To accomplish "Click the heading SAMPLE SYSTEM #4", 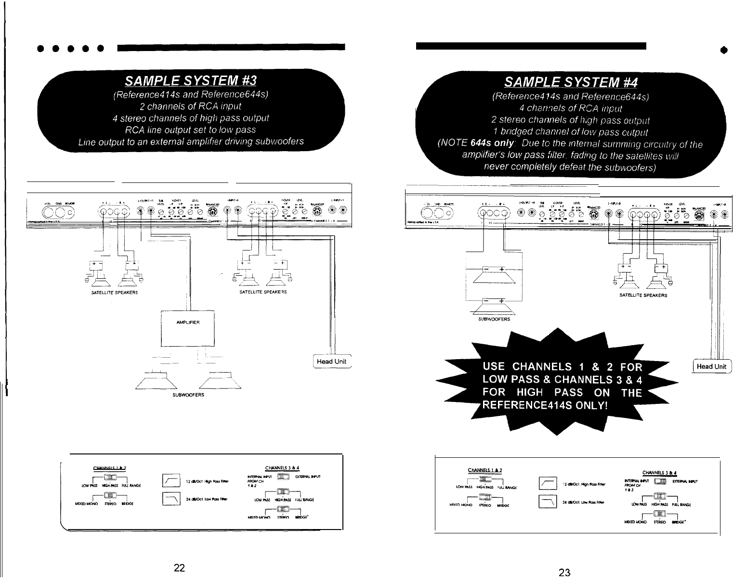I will point(570,82).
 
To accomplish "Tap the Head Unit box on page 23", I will point(711,366).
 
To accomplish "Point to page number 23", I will point(564,572).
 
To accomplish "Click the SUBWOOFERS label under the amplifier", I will point(188,395).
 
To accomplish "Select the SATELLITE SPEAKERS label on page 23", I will point(643,295).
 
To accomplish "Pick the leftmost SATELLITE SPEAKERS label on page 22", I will point(114,292).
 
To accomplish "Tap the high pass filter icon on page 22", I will point(171,480).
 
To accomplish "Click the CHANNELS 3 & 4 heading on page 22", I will point(283,467).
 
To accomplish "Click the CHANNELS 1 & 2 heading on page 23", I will point(485,470).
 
